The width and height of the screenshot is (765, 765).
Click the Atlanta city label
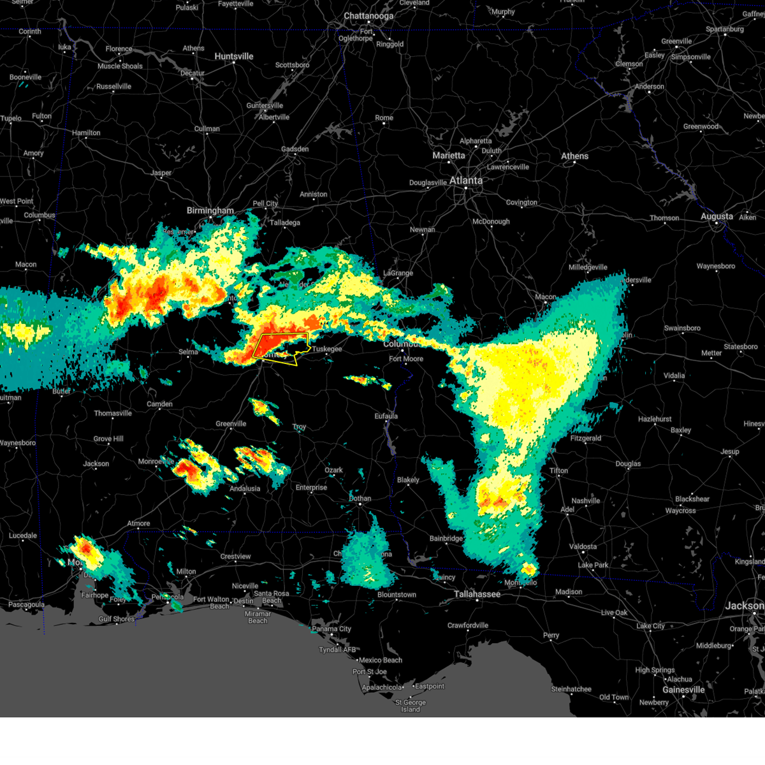coord(466,180)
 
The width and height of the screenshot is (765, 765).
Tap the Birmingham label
coord(210,210)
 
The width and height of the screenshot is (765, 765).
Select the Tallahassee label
coord(477,594)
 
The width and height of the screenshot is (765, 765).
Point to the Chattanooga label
coord(368,16)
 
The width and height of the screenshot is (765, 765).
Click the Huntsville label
coord(234,56)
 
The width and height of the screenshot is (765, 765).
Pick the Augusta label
coord(717,216)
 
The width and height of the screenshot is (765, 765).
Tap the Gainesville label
coord(683,690)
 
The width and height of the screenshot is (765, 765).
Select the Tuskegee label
coord(327,349)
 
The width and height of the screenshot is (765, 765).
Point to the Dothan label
coord(360,499)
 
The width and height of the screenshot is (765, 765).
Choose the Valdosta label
coord(583,546)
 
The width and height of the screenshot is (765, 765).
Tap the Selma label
coord(188,352)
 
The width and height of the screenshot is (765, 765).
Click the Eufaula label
coord(386,416)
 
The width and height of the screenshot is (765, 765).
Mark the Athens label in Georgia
coord(574,156)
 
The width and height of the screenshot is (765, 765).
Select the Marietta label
coord(449,156)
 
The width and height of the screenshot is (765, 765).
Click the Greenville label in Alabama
coord(231,424)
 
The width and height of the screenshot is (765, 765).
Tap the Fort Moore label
coord(406,359)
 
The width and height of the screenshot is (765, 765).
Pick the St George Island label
coord(411,706)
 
